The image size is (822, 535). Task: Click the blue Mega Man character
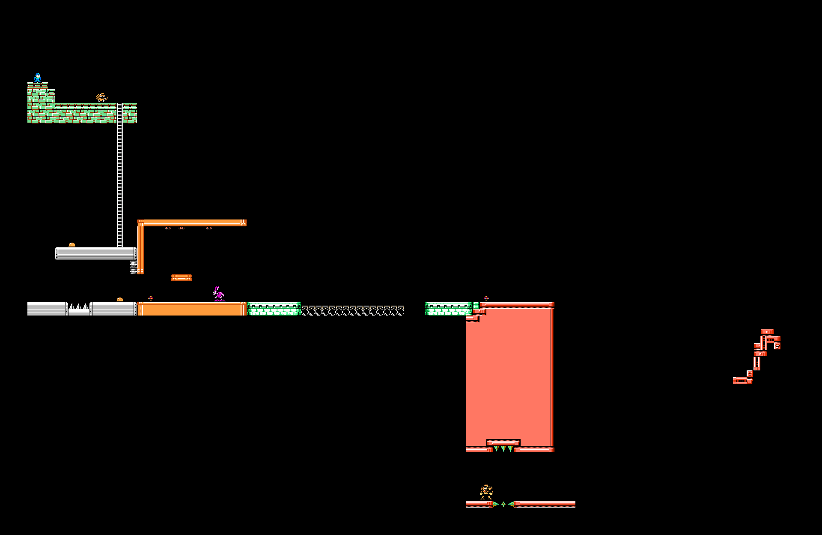click(x=38, y=78)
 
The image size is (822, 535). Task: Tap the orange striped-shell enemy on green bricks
click(x=101, y=98)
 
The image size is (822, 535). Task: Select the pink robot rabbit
click(x=218, y=294)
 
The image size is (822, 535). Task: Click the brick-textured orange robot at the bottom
click(x=486, y=492)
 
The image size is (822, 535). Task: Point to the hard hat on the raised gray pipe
click(x=72, y=245)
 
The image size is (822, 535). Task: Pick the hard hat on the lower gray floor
click(x=120, y=300)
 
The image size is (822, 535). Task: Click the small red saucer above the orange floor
click(x=150, y=298)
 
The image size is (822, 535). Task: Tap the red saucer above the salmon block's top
click(x=486, y=298)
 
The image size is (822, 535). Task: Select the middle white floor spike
click(x=79, y=306)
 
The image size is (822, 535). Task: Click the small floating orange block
click(x=182, y=278)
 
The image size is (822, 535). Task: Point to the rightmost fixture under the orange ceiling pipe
click(x=209, y=228)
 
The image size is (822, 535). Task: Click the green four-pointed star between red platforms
click(x=503, y=504)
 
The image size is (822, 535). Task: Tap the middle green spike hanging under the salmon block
click(x=503, y=449)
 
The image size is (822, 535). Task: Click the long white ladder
click(x=120, y=176)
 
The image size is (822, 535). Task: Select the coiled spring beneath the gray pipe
click(x=134, y=267)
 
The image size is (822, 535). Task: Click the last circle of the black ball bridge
click(x=401, y=312)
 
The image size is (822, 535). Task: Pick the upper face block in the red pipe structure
click(x=777, y=346)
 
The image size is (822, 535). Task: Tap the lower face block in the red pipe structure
click(x=750, y=373)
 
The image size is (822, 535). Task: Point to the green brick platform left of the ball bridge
click(x=274, y=309)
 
